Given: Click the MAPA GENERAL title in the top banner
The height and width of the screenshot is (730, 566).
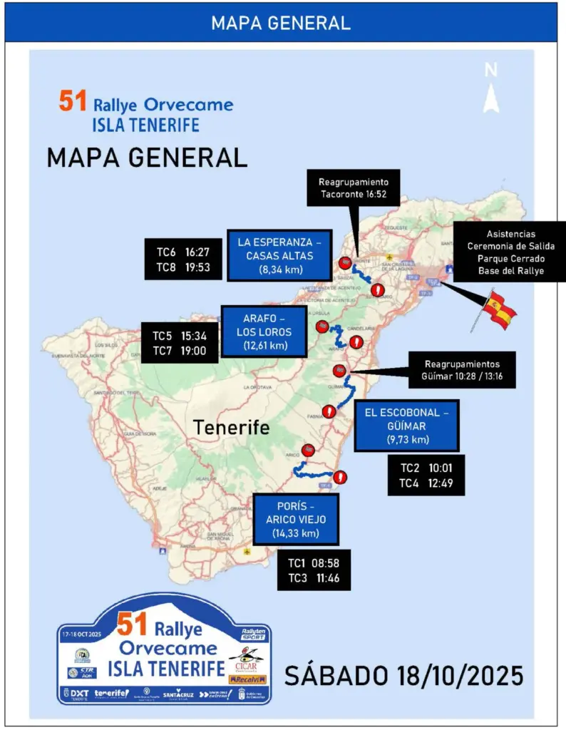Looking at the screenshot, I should (281, 23).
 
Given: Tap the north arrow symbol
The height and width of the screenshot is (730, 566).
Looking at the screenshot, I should (490, 90).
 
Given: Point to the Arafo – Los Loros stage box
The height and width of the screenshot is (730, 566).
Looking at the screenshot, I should (264, 331).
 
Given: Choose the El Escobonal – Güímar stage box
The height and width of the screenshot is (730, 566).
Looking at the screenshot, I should (406, 425).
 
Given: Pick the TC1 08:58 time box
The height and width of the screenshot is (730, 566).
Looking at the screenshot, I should (314, 570).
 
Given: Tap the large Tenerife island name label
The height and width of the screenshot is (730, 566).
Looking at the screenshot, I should (232, 428).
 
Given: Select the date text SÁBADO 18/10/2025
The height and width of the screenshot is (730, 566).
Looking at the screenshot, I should (403, 674).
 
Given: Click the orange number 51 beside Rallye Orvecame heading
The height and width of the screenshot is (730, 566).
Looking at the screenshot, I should (73, 101).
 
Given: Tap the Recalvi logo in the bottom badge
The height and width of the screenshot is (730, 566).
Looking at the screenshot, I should (247, 680).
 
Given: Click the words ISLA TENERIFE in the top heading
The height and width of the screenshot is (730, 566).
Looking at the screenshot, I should (145, 125).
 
